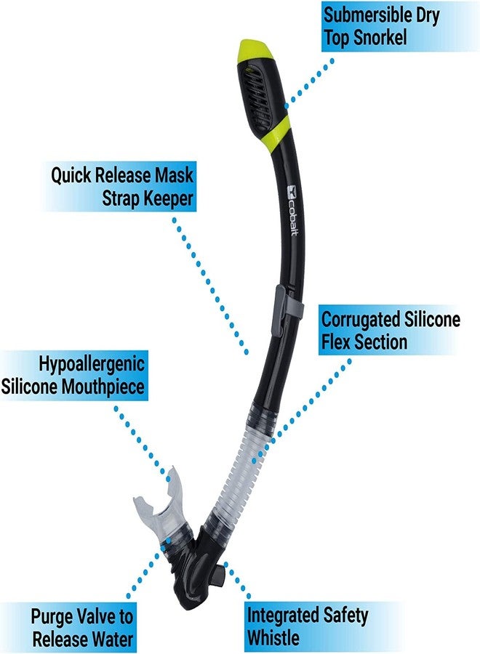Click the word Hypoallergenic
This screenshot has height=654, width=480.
pos(92,364)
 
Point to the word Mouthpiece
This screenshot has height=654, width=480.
pos(103,387)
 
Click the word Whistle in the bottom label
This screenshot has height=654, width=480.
pos(273,638)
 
